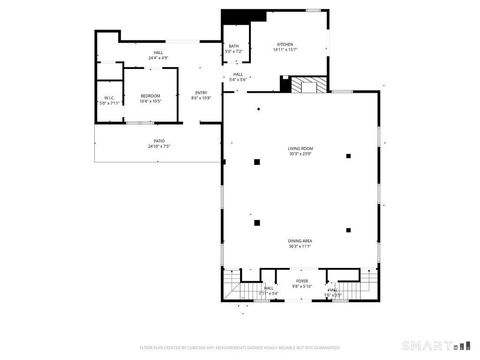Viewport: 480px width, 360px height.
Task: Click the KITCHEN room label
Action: coord(285,45)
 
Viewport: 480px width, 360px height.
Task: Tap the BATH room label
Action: coord(233,46)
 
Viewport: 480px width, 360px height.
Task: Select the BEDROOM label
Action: coord(150,96)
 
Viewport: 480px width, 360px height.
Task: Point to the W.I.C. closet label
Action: coord(109,98)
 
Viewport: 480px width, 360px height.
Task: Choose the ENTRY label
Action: coord(201,93)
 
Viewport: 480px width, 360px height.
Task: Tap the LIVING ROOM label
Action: coord(301,149)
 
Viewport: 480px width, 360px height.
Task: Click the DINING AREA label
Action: coord(300,240)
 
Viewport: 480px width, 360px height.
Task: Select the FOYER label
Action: coord(301,281)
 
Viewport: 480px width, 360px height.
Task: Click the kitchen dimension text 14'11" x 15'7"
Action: coord(285,50)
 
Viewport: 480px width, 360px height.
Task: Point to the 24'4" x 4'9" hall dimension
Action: coord(159,57)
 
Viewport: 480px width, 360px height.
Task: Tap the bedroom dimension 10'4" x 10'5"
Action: coord(150,101)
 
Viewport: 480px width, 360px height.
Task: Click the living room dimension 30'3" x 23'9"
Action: coord(301,154)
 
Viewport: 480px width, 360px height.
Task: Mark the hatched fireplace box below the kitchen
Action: coord(309,86)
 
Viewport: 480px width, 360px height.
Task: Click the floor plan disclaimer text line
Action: coord(239,348)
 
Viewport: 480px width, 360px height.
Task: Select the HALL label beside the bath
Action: coord(238,73)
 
